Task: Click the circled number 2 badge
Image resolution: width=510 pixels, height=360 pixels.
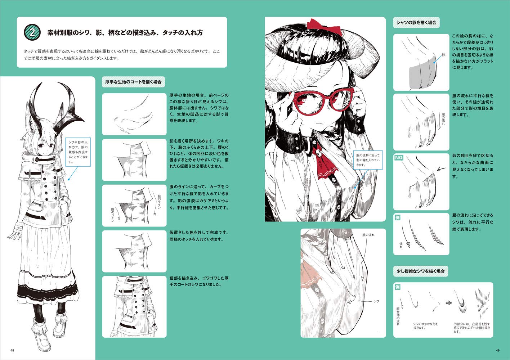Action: click(32, 32)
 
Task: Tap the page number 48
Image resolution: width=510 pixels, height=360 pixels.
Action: click(12, 350)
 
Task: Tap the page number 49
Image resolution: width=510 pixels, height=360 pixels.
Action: click(497, 350)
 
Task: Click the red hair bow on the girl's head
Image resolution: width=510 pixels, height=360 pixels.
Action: click(324, 27)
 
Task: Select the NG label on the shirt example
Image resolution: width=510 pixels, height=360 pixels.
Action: click(399, 157)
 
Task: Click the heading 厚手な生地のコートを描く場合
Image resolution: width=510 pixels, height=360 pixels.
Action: click(133, 82)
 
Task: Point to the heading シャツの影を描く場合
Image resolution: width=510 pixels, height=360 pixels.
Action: click(416, 23)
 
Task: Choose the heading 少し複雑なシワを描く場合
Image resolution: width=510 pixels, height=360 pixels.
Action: click(421, 271)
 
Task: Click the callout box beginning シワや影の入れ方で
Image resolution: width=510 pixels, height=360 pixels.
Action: click(78, 152)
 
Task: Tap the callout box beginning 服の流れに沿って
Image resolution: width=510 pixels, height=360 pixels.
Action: click(368, 160)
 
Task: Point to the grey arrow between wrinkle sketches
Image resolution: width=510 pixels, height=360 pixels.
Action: click(448, 303)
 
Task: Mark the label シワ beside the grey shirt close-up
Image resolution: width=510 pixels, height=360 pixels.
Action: click(376, 301)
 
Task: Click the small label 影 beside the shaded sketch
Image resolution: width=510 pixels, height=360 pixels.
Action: click(443, 55)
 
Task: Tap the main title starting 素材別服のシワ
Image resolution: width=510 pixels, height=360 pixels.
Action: click(125, 33)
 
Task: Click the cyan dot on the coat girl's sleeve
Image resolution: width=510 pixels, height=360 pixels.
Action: click(68, 179)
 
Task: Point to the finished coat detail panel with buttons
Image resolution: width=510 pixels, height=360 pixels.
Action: click(134, 307)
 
